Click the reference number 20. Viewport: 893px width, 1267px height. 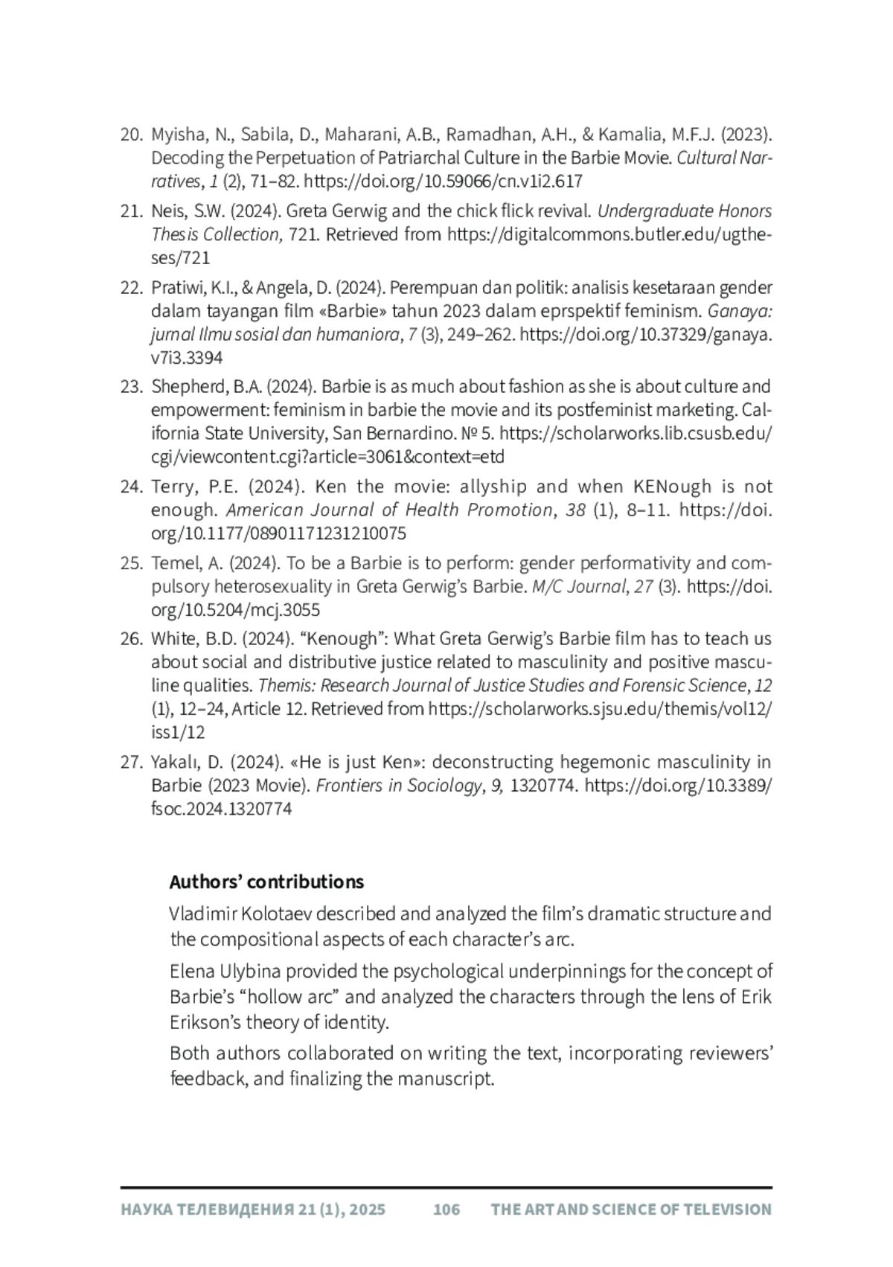click(x=131, y=135)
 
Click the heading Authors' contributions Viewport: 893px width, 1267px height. click(x=266, y=882)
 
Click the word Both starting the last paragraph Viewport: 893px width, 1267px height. click(x=189, y=1053)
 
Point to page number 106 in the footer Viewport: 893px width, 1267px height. click(x=446, y=1209)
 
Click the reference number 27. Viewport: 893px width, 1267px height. click(x=131, y=762)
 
